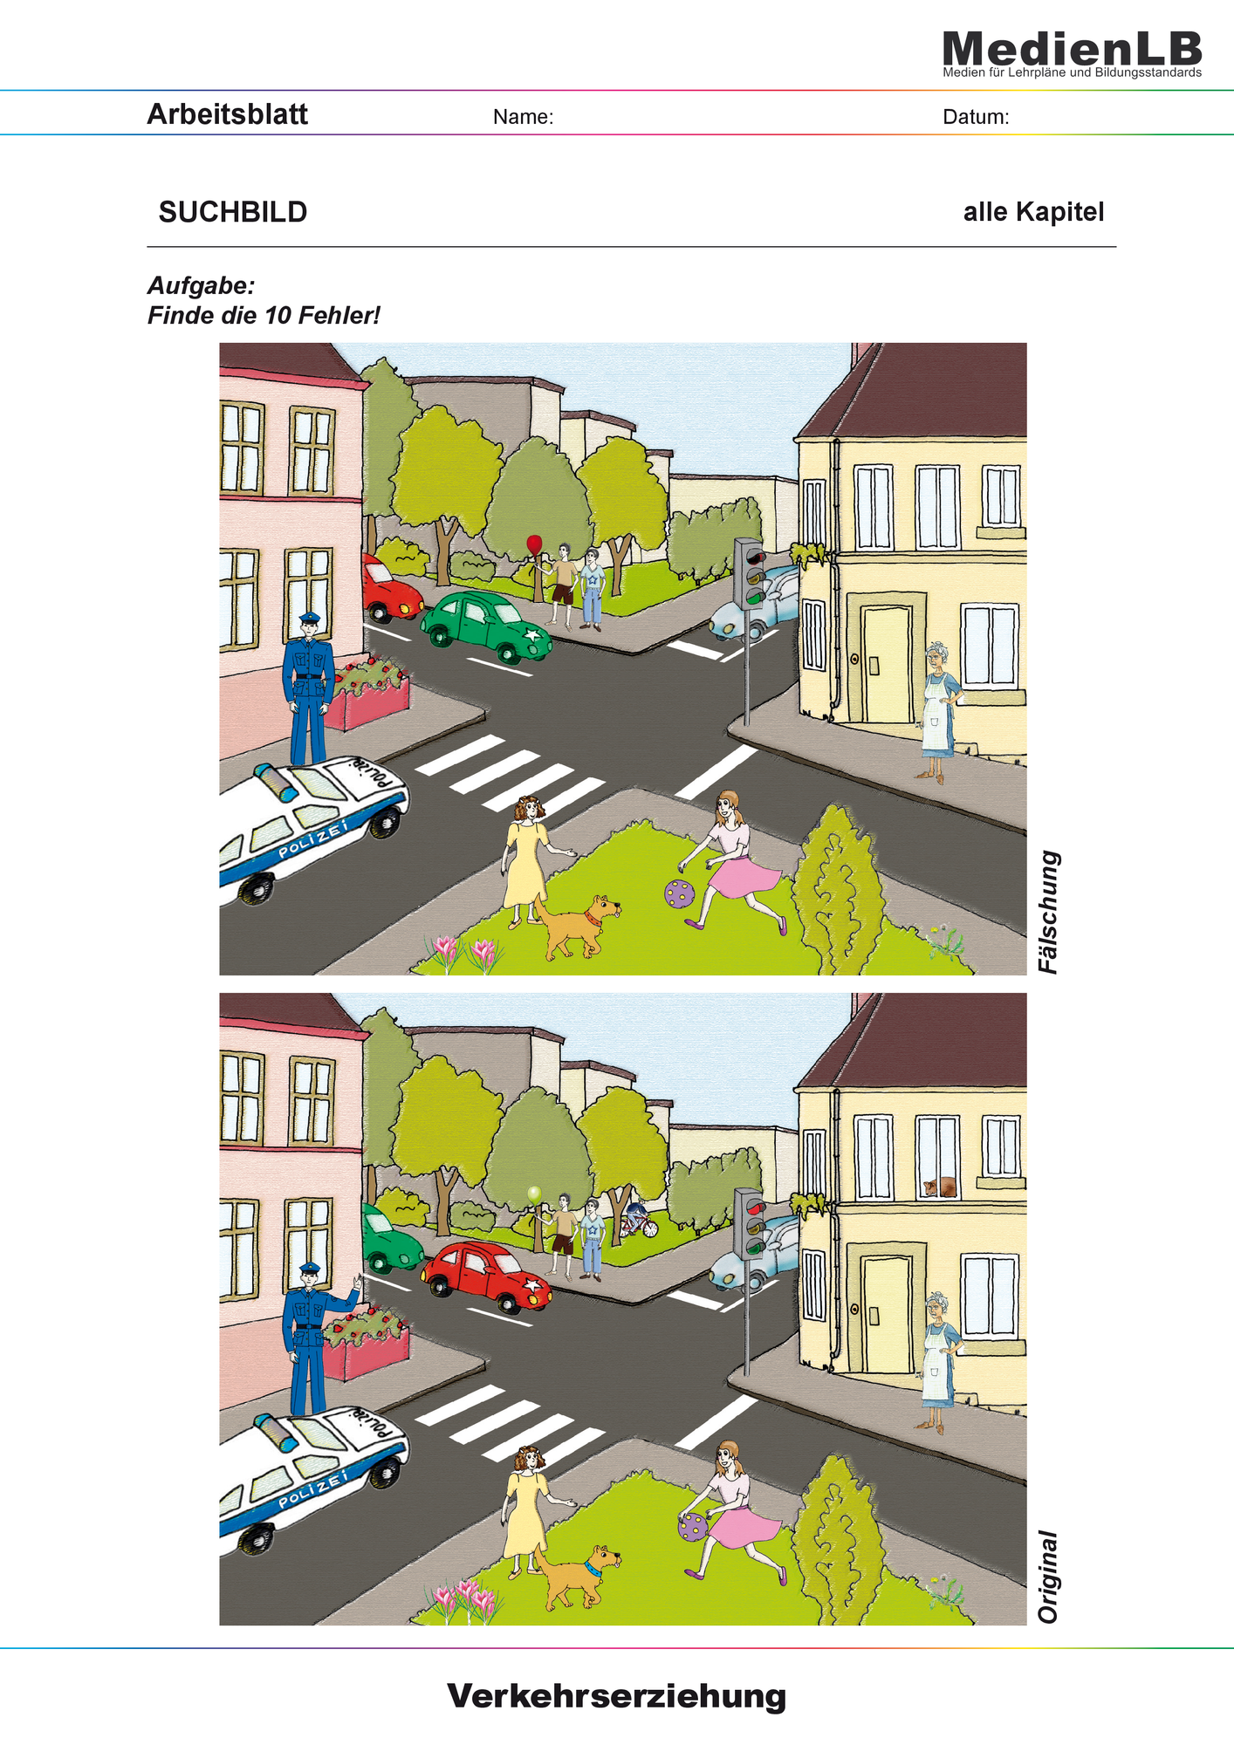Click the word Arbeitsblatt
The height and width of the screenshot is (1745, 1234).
pos(227,114)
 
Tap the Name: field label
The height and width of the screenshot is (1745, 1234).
pos(523,117)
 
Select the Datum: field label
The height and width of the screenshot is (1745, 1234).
pos(976,117)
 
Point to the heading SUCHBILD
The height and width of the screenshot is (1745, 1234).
pos(233,212)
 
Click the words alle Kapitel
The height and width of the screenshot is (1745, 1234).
pos(1033,212)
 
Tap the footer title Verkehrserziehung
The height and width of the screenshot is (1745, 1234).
pos(617,1697)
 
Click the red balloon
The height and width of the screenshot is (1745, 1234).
pos(534,545)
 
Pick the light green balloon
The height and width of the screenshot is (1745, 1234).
pos(534,1194)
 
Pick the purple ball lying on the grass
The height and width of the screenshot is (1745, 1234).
pos(680,893)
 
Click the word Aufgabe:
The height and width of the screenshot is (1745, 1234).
pos(201,285)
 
